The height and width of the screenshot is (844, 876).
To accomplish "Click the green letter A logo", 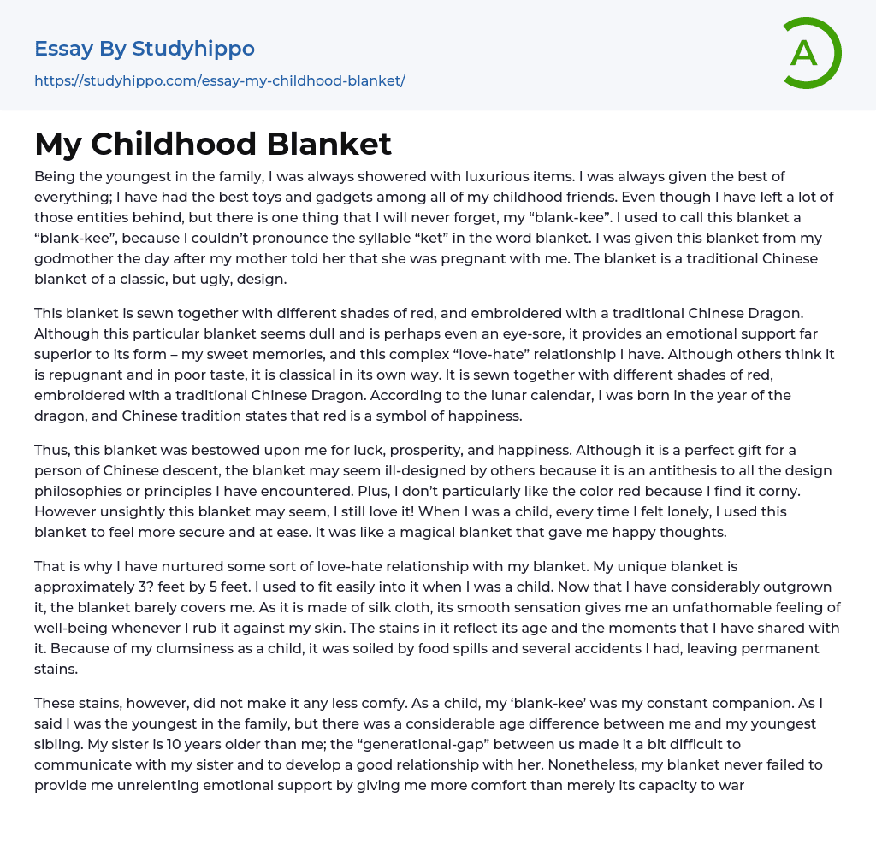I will click(x=811, y=53).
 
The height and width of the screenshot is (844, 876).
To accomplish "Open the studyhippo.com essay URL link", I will click(x=219, y=80).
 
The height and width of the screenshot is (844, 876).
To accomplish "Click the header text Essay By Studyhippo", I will click(x=145, y=49).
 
